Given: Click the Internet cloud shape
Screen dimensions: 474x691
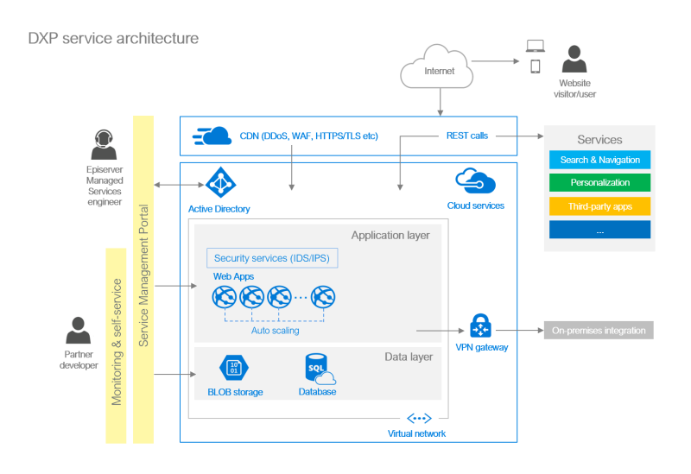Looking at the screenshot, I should pyautogui.click(x=438, y=70).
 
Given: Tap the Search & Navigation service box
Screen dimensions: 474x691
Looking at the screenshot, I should pyautogui.click(x=599, y=160).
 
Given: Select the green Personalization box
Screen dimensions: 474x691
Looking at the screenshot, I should pyautogui.click(x=599, y=183).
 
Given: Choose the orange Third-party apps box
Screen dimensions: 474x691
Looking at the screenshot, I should pyautogui.click(x=599, y=207).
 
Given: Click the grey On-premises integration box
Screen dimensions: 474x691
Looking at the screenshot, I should pyautogui.click(x=599, y=330).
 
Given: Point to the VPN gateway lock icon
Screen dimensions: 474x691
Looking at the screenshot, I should pyautogui.click(x=480, y=327).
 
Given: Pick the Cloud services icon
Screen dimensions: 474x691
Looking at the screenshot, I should pyautogui.click(x=475, y=182).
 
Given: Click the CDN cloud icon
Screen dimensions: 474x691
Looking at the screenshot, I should pyautogui.click(x=213, y=136).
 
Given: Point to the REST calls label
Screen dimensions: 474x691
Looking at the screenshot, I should pyautogui.click(x=466, y=136).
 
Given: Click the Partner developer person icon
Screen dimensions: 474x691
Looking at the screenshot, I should pyautogui.click(x=79, y=331).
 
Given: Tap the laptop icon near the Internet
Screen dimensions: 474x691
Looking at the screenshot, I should pyautogui.click(x=536, y=45).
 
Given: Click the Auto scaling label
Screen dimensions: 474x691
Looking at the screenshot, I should pyautogui.click(x=275, y=330).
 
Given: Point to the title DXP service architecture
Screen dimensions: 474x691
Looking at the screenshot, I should pyautogui.click(x=113, y=38).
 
